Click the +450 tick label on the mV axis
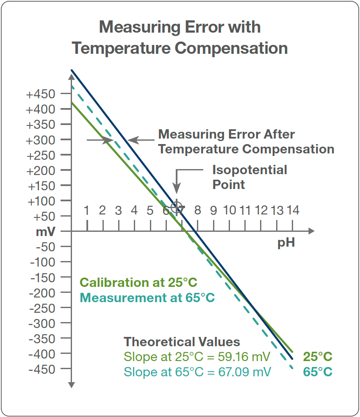tap(41, 94)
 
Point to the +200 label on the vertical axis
tap(41, 170)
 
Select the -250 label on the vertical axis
tap(42, 308)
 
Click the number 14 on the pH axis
tap(293, 210)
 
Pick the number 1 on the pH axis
tap(87, 210)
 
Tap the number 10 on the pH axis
tap(230, 210)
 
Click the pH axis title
tap(286, 244)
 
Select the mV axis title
tap(45, 232)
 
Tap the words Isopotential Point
tap(249, 177)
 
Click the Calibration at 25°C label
tap(138, 283)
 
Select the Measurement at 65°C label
tap(147, 297)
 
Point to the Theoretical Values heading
tap(182, 342)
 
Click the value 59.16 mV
tap(248, 357)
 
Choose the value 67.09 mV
tap(248, 372)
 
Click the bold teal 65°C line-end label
tap(318, 372)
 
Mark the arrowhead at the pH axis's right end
tap(312, 231)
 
